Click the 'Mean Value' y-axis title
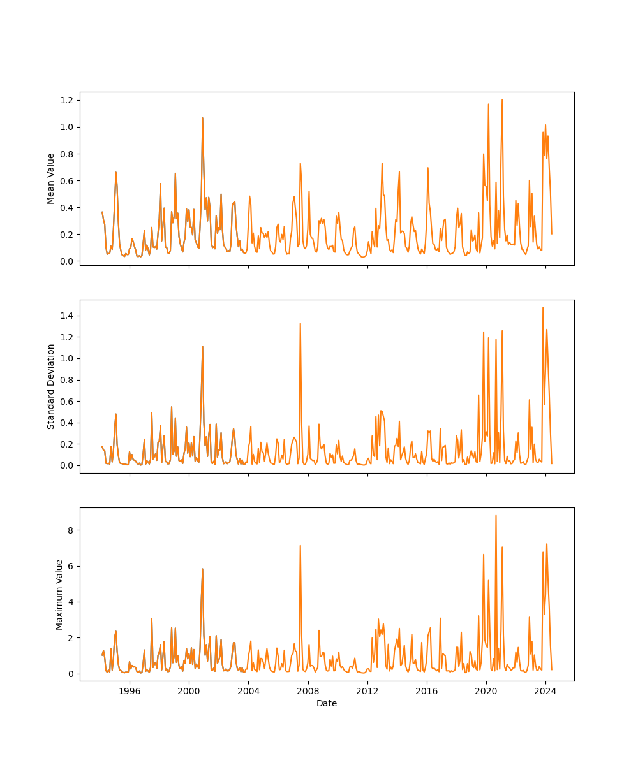[x=51, y=178]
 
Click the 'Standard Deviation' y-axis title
[x=51, y=386]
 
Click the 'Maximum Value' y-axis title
[x=59, y=594]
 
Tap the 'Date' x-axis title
[x=327, y=703]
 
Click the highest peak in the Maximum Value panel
[x=496, y=516]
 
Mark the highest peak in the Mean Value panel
[x=502, y=99]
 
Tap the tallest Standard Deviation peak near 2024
[x=543, y=307]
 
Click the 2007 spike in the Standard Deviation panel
[x=300, y=323]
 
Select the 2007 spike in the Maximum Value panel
[x=300, y=545]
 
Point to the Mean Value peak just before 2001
[x=202, y=118]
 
